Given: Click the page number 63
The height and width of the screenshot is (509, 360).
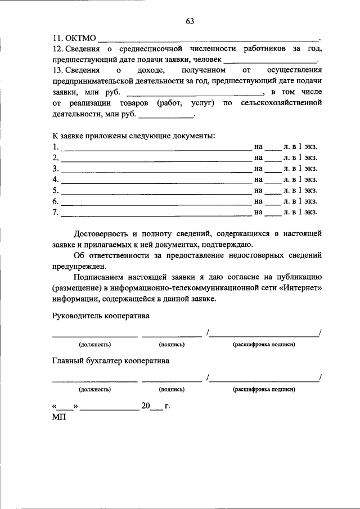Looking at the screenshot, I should [190, 21].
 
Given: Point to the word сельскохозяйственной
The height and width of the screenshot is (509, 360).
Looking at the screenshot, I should [280, 103].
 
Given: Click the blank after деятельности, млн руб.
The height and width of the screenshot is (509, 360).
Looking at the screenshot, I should [165, 116].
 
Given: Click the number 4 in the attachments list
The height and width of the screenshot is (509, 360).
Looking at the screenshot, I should [55, 179].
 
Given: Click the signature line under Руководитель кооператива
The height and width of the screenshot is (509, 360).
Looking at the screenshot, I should [172, 336].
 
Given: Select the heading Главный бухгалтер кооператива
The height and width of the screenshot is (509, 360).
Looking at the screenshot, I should [111, 361].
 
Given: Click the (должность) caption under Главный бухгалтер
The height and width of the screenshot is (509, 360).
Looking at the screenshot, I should [94, 389].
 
